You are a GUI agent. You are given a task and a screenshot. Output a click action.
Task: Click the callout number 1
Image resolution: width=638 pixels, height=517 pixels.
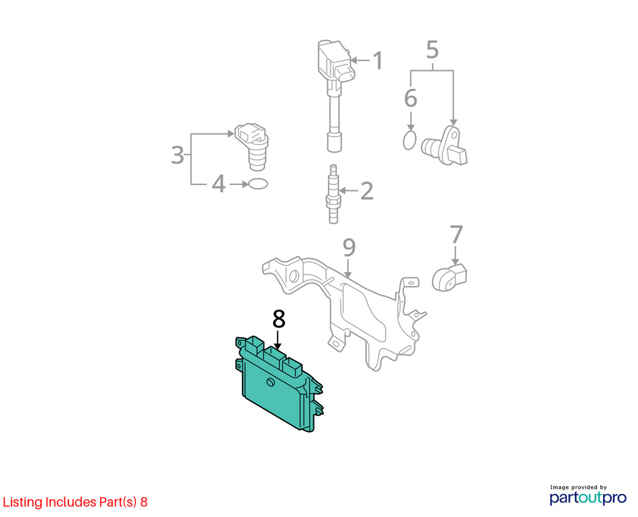[378, 60]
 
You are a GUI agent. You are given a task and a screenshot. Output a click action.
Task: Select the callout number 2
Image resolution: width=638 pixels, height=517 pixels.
[367, 190]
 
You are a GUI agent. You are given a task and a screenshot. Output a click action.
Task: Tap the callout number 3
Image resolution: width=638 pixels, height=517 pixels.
[178, 155]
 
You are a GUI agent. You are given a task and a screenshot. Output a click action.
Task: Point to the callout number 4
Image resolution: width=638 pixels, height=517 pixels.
[218, 184]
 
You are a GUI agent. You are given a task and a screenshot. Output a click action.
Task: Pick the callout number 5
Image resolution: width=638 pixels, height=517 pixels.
[432, 50]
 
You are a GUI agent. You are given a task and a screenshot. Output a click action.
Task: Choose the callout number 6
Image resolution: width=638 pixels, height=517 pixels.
[410, 98]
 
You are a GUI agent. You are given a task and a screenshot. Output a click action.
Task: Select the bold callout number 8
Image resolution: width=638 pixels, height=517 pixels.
[279, 319]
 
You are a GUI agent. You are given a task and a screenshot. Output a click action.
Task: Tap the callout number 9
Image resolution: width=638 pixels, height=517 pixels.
[349, 248]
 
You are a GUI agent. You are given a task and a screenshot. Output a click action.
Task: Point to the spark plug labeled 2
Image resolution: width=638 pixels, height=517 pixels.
[333, 194]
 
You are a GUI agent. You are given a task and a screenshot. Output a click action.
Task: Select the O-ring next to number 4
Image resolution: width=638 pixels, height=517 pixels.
[258, 184]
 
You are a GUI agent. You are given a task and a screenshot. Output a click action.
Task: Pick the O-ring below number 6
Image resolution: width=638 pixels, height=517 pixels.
[410, 140]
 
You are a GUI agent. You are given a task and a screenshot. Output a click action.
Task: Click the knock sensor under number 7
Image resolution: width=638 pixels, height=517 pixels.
[449, 278]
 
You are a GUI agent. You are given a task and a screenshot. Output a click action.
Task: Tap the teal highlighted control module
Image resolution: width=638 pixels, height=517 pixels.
[279, 384]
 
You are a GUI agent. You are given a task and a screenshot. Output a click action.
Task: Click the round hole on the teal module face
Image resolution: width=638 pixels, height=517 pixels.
[270, 382]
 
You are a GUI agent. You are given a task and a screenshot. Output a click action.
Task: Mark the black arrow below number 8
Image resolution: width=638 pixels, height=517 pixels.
[278, 340]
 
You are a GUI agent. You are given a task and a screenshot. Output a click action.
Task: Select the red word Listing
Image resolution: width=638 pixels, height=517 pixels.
[22, 502]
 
